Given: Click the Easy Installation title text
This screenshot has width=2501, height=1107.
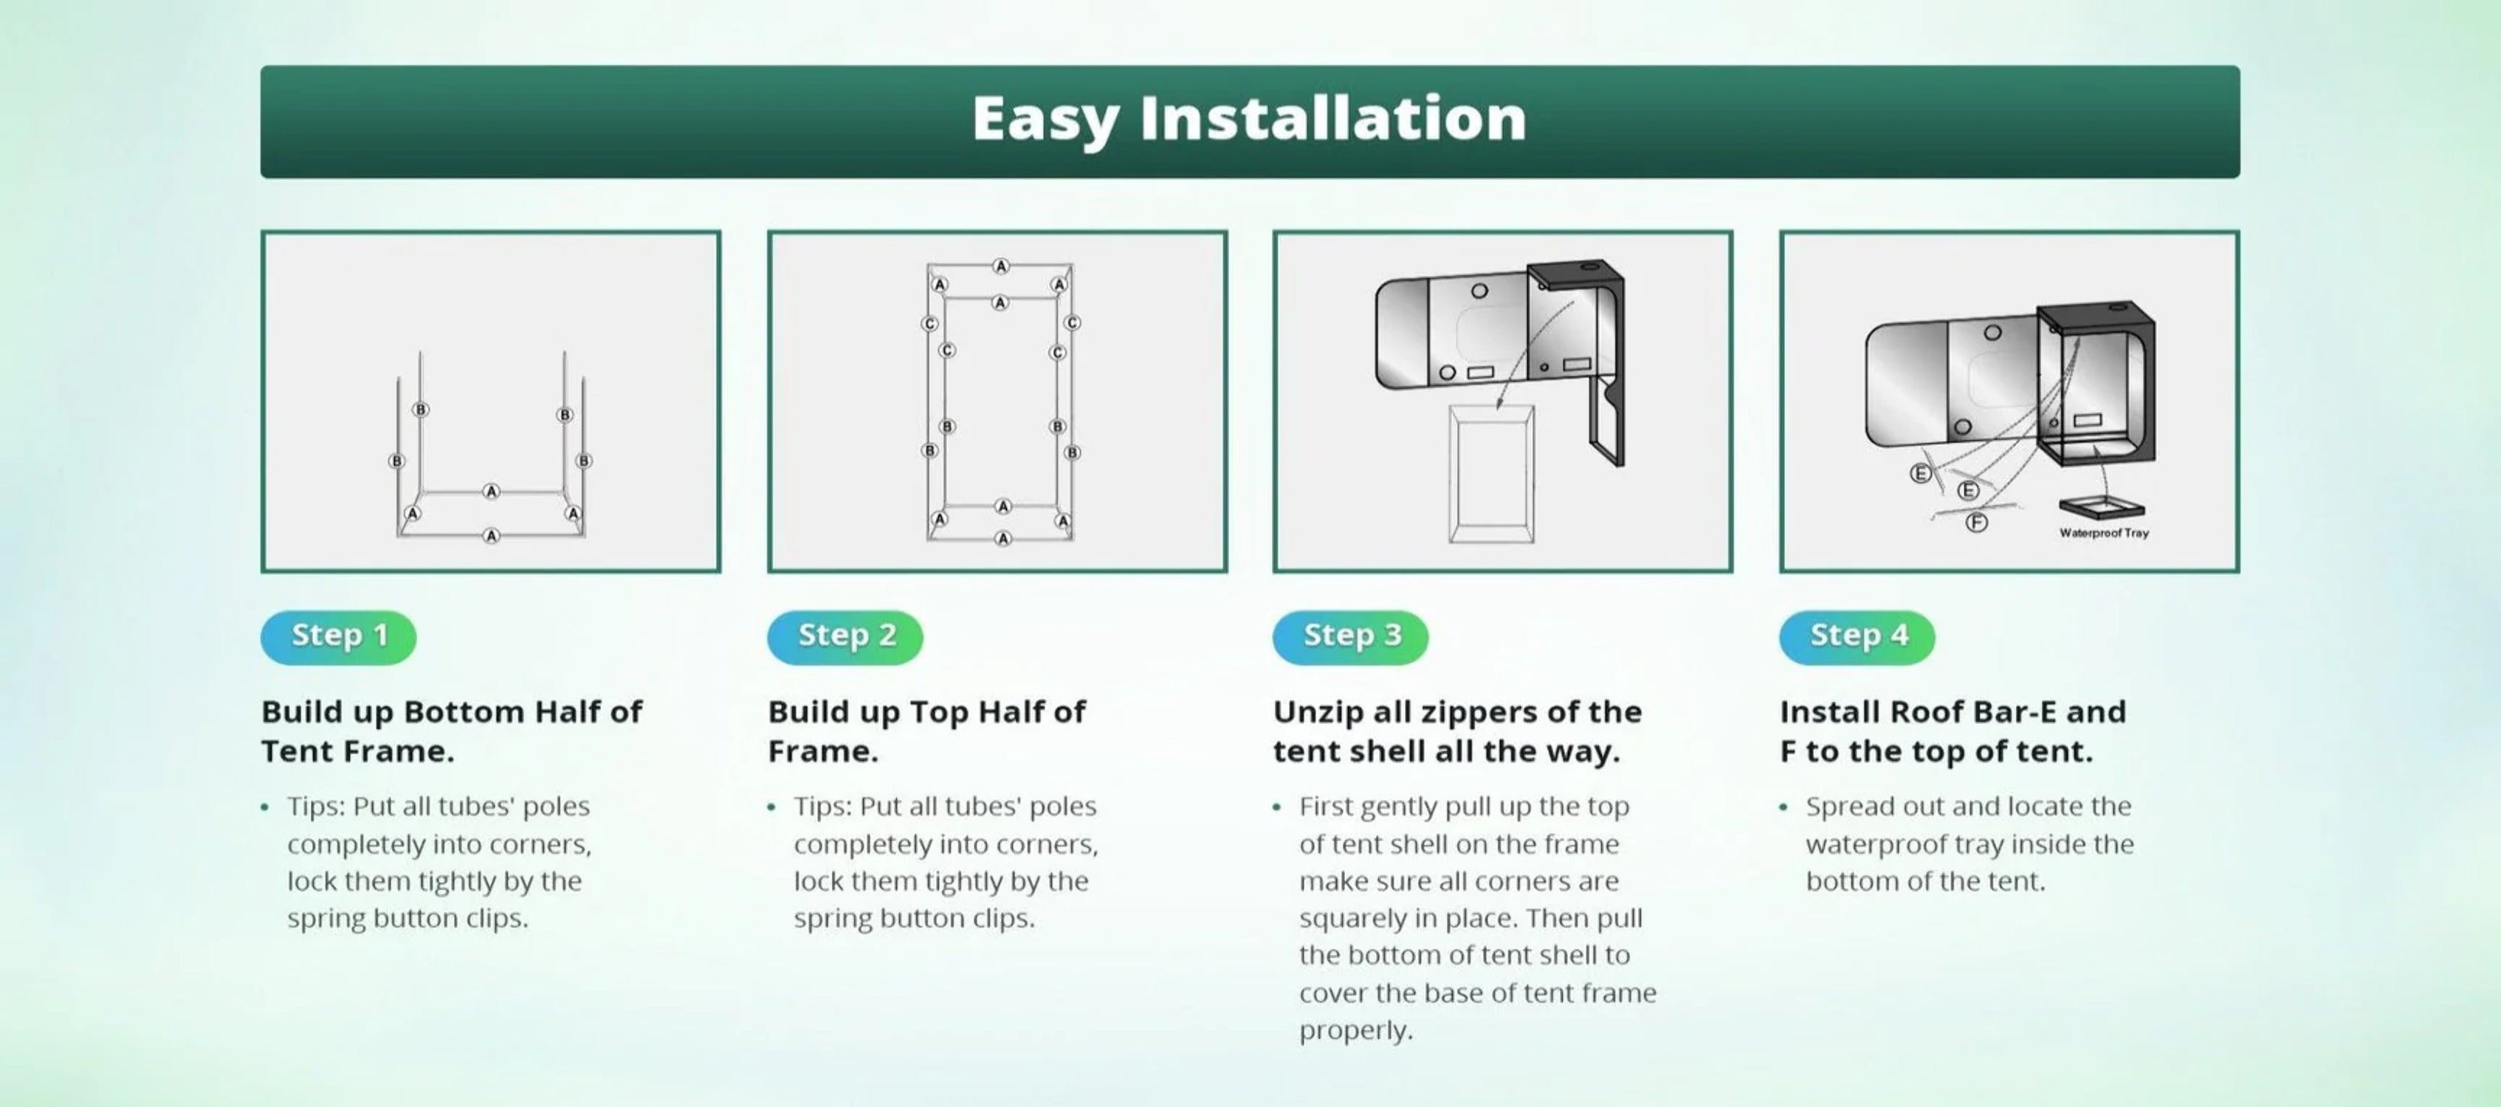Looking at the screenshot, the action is (x=1250, y=119).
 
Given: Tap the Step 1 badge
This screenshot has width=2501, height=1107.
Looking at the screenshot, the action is (x=339, y=637).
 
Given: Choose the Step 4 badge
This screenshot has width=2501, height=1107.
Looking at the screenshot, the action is (x=1857, y=637).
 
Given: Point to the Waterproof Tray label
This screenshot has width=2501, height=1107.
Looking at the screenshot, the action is (x=2104, y=533).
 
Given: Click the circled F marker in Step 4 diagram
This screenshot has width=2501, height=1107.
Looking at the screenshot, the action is (x=1977, y=523).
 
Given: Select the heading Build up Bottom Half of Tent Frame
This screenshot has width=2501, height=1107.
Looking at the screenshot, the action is (x=452, y=731).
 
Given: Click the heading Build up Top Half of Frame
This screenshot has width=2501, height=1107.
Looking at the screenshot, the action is (x=926, y=731).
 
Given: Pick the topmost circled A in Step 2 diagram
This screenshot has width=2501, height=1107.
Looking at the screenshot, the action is (x=1001, y=266).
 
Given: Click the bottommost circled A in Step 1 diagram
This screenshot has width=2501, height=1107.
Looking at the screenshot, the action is (x=492, y=535).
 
